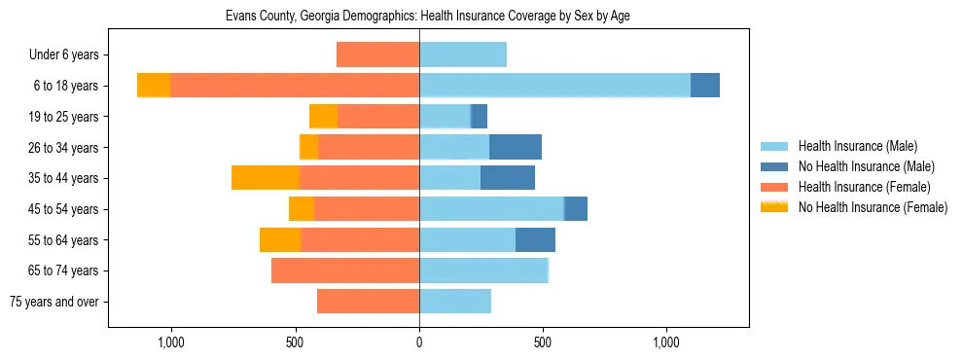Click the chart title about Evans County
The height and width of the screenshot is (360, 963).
coord(428,17)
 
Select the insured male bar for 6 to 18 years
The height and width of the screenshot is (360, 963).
coord(554,86)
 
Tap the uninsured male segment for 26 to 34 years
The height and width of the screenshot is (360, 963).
coord(516,147)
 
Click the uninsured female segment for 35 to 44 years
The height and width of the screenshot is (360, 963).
coord(266,178)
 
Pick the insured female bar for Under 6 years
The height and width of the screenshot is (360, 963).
coord(377,54)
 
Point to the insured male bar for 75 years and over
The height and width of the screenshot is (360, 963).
coord(455,302)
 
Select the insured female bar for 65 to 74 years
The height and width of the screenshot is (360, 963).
coord(345,270)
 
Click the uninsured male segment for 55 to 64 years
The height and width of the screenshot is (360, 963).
coord(535,239)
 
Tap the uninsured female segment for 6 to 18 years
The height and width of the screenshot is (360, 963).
coord(154,86)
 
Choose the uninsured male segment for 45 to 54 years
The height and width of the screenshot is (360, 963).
coord(576,209)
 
